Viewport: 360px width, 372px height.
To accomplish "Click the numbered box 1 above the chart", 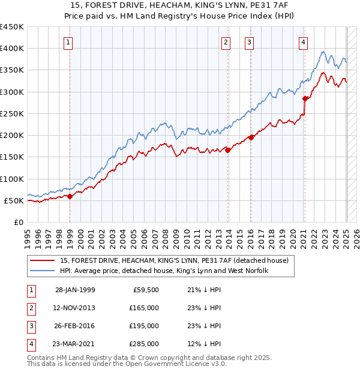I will [x=69, y=42].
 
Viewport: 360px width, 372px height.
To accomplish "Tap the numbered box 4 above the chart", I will [x=304, y=42].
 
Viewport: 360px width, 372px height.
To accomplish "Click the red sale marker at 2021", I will [x=305, y=98].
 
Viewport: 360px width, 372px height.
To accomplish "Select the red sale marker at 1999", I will [x=70, y=196].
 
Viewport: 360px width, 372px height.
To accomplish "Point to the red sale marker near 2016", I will [x=251, y=137].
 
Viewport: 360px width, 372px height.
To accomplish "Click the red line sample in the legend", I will [x=41, y=260].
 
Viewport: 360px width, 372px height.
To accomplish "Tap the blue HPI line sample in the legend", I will [x=41, y=271].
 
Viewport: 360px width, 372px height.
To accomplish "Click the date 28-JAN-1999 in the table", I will [x=75, y=290].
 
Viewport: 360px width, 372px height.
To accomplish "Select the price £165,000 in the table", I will [x=145, y=308].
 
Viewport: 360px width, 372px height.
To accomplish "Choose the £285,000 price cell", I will [x=145, y=344].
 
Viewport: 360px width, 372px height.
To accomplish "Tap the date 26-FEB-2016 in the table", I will [x=75, y=326].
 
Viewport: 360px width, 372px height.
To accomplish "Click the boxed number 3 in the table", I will [x=29, y=326].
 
